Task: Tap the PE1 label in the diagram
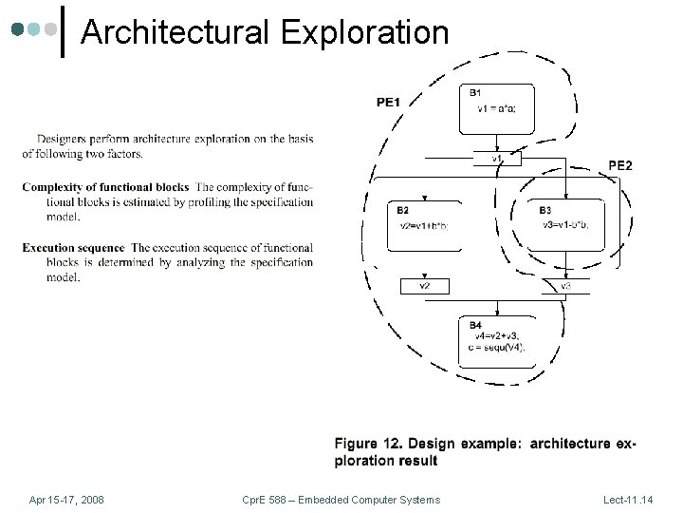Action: pos(389,102)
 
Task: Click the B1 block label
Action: pos(474,92)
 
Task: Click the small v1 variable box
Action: pos(497,159)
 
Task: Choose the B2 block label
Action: pos(403,210)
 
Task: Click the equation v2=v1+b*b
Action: pos(424,224)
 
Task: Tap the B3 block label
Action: pos(545,210)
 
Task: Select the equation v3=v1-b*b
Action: pos(565,224)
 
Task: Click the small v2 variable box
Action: pos(425,285)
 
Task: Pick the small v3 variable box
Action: pos(565,285)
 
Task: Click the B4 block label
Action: pos(474,326)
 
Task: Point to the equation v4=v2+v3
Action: pos(496,336)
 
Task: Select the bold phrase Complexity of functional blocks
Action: pos(105,186)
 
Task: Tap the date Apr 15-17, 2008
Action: pos(66,500)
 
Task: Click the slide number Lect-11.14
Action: pos(636,500)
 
